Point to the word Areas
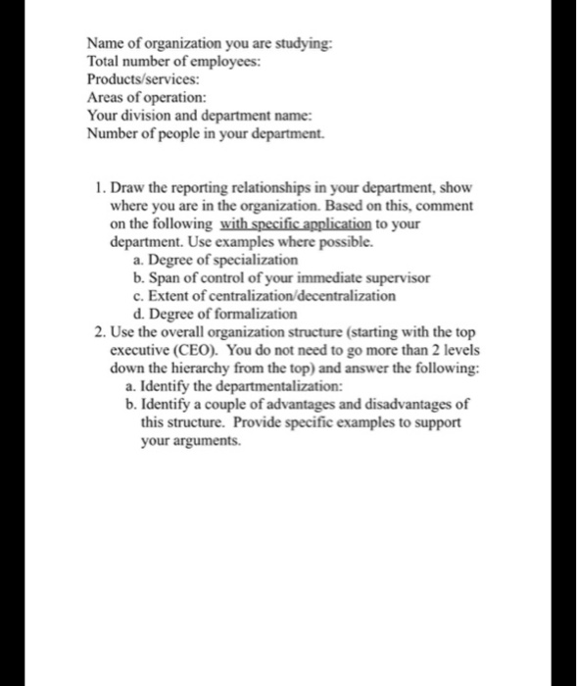pos(105,96)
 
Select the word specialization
pos(252,260)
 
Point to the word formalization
pos(252,313)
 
